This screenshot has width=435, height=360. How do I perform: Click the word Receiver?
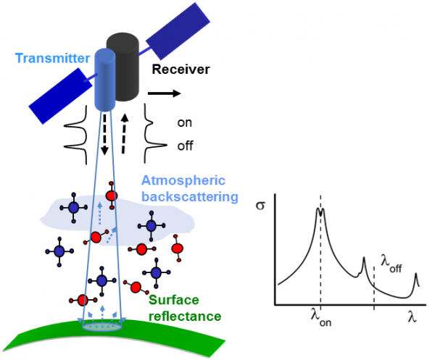click(180, 70)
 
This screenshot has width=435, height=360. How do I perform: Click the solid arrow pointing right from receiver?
click(166, 93)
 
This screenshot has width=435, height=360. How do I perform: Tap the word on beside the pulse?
click(185, 122)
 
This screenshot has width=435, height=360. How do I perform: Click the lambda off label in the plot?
click(391, 264)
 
